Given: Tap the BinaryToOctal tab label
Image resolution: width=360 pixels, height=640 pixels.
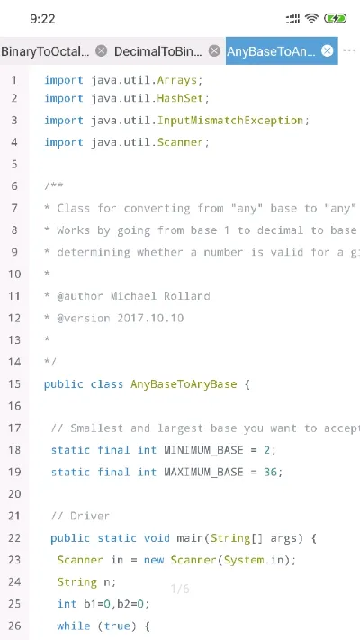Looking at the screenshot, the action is click(45, 51).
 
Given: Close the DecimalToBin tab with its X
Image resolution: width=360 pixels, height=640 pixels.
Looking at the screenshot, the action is click(214, 51).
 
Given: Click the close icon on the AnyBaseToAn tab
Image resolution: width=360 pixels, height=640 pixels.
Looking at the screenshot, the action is click(327, 51).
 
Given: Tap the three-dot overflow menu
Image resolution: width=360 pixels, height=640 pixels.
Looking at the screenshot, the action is click(349, 50).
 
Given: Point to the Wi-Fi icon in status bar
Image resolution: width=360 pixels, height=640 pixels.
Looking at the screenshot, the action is click(311, 18).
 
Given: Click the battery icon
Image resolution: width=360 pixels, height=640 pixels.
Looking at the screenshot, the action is click(335, 18).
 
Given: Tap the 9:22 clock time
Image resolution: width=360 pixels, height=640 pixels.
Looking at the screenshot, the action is click(42, 19).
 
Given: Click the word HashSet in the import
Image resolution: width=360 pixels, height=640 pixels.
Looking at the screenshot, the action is click(180, 98).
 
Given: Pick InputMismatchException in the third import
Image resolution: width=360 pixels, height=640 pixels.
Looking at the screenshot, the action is click(230, 121).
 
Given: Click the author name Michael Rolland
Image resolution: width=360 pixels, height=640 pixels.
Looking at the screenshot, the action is click(160, 296).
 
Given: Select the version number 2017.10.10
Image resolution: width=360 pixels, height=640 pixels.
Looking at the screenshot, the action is click(150, 318).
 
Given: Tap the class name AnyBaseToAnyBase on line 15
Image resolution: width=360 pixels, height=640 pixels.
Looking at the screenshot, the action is click(184, 384).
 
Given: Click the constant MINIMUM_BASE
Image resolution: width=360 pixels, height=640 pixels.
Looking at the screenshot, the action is click(203, 450).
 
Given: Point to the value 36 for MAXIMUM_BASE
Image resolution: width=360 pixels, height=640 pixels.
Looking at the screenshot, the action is click(270, 473).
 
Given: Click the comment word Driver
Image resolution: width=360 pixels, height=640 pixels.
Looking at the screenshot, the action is click(90, 517).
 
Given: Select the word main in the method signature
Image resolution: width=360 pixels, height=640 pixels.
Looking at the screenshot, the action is click(190, 538).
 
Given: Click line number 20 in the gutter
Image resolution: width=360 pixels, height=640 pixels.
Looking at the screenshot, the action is click(14, 494).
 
